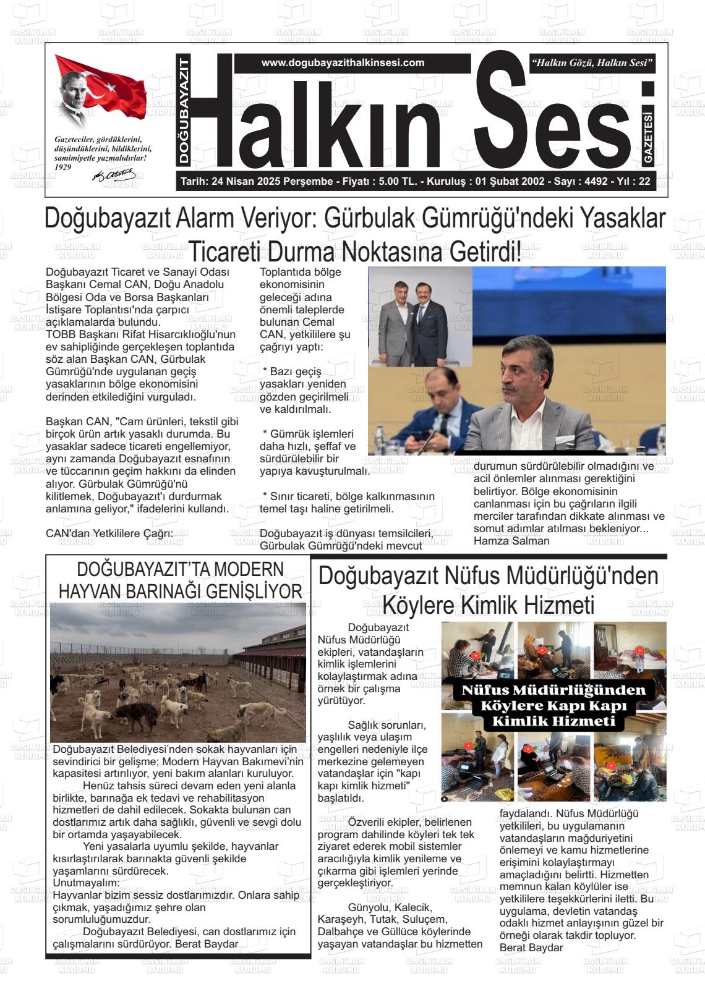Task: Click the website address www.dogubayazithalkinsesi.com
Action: (x=343, y=63)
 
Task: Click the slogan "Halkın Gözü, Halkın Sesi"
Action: (x=592, y=63)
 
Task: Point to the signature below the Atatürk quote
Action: (x=109, y=176)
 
